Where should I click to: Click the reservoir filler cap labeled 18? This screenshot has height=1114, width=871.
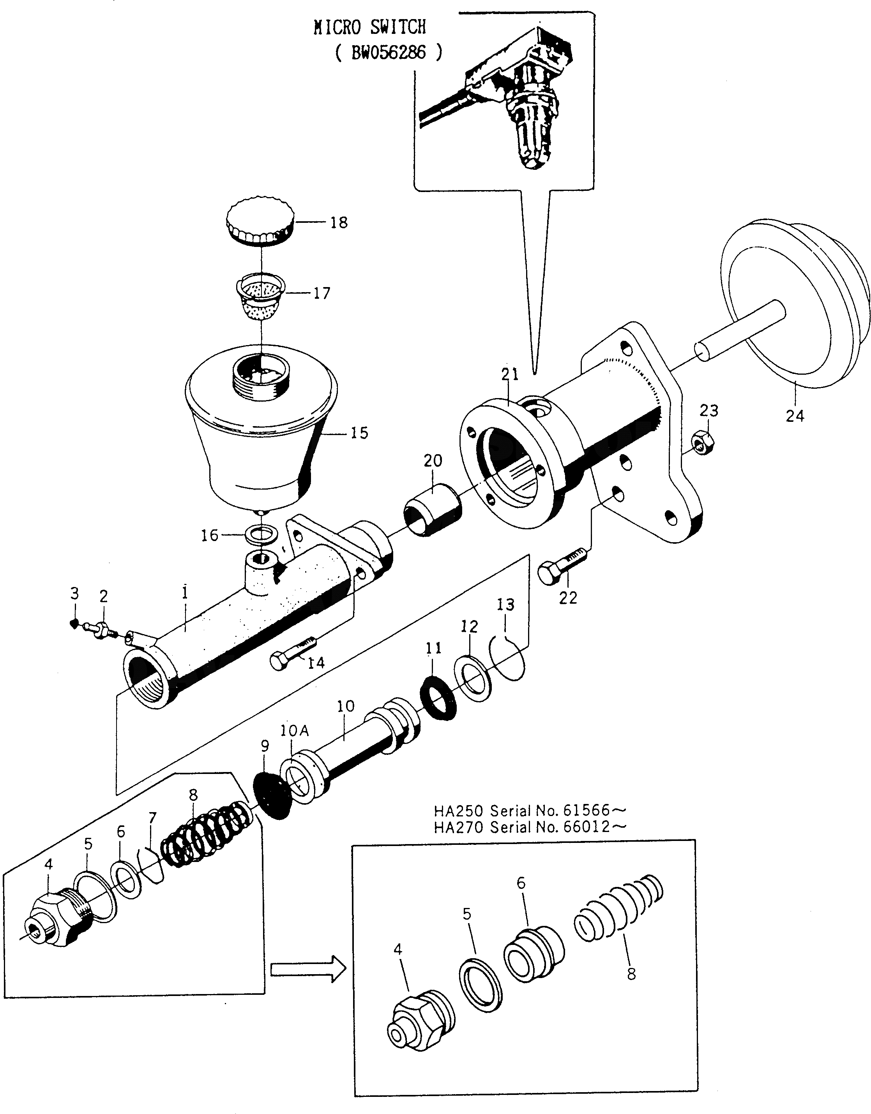(x=260, y=222)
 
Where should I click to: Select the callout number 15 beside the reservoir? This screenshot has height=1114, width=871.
(x=359, y=433)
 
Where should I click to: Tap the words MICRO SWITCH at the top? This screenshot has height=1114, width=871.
(x=369, y=27)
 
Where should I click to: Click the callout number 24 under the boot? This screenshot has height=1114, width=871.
(x=795, y=416)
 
